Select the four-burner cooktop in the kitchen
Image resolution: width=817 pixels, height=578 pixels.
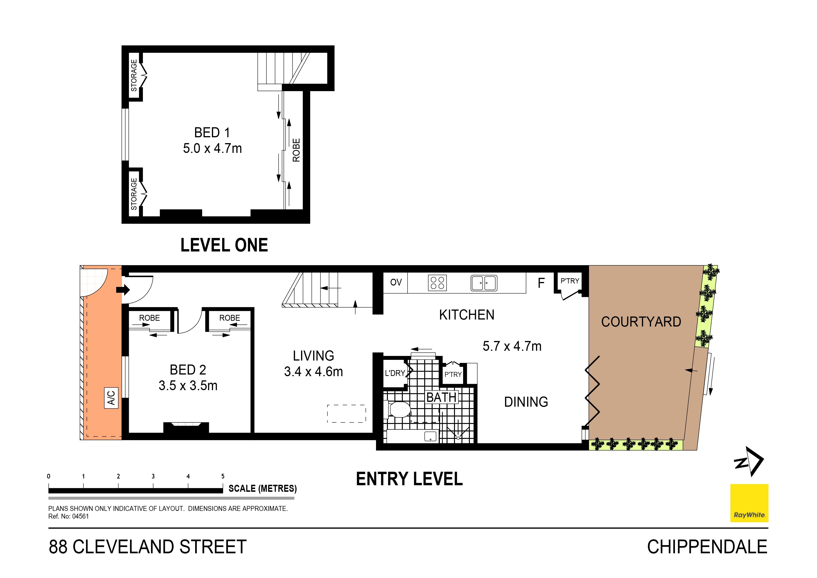437,283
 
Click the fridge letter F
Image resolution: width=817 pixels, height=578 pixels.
541,283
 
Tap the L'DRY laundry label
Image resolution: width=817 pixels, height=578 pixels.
395,373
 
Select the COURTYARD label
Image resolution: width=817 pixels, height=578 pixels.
641,322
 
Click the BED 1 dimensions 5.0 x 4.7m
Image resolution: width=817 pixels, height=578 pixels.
212,148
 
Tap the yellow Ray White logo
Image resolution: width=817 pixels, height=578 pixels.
749,503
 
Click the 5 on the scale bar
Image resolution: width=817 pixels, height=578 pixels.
223,476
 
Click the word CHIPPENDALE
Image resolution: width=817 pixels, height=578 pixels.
707,547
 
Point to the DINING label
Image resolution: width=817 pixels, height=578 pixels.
526,402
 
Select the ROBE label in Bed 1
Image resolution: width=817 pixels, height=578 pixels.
296,150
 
